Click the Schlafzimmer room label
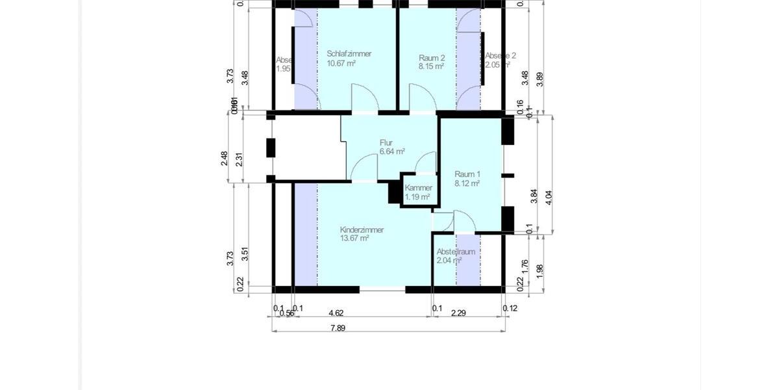[x=349, y=54]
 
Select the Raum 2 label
[x=432, y=57]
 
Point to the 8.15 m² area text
[x=431, y=66]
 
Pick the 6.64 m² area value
[x=392, y=151]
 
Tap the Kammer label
[x=418, y=188]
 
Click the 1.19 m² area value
[x=417, y=197]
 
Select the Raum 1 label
[x=467, y=174]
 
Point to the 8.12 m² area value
[x=467, y=183]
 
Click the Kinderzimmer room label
[x=362, y=230]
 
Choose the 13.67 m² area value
[x=354, y=239]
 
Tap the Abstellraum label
[x=456, y=252]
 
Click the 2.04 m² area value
[x=449, y=261]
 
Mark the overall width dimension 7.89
[x=338, y=328]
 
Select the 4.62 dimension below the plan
[x=336, y=312]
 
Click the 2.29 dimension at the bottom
[x=459, y=312]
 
